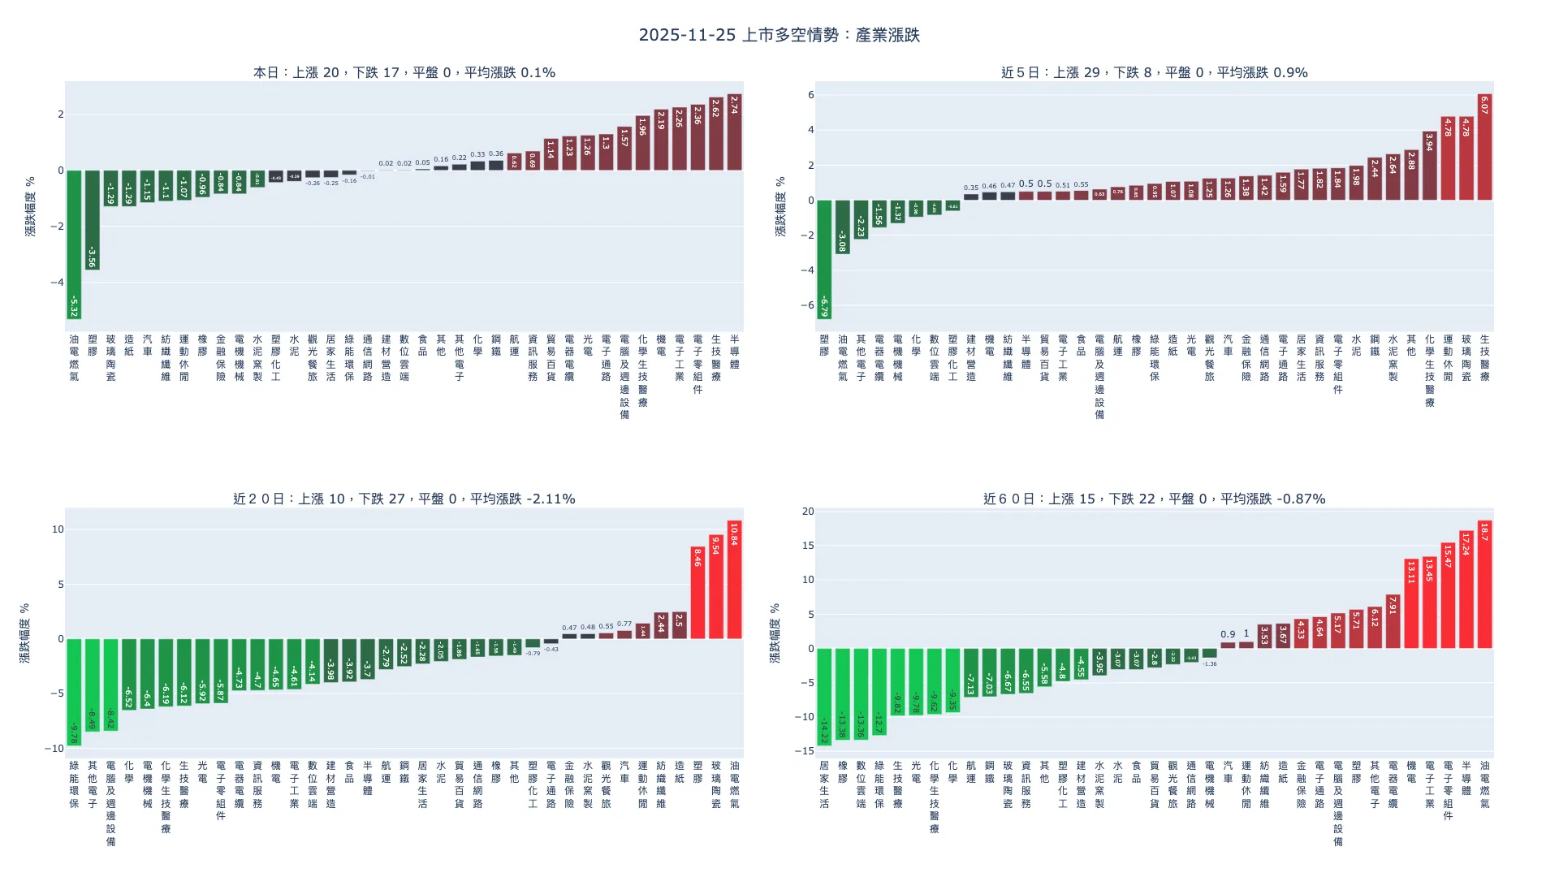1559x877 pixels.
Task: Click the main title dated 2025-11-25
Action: click(779, 35)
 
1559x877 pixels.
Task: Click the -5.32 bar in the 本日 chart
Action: click(74, 244)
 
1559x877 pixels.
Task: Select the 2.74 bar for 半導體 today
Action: click(734, 132)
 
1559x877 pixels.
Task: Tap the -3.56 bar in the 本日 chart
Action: click(93, 219)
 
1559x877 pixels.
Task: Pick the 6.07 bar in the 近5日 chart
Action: click(1484, 147)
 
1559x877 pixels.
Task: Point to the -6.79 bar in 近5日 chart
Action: click(824, 259)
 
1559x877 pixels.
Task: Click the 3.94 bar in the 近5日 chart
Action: click(1429, 166)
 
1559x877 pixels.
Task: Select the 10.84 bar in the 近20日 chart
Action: click(734, 579)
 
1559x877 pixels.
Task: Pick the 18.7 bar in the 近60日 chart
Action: click(1484, 584)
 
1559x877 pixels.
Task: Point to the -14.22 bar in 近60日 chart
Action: click(824, 696)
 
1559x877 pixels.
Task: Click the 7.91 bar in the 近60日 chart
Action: click(1393, 621)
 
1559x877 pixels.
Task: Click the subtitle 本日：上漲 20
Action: click(404, 72)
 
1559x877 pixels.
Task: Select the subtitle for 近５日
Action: click(1154, 72)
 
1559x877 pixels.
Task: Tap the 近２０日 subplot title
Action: click(404, 499)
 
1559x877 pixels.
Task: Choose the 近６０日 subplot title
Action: click(1154, 499)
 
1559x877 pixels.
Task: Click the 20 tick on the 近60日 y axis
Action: click(808, 512)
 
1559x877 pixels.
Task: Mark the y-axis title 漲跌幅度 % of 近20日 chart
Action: click(25, 633)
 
